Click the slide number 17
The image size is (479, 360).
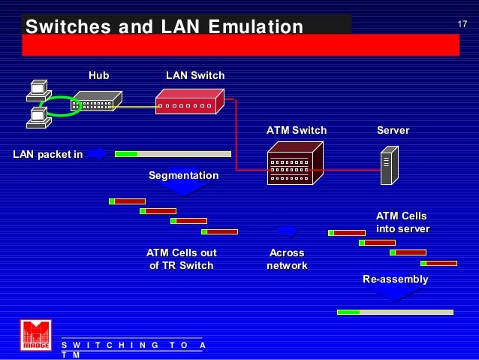point(462,26)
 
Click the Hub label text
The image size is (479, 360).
point(98,76)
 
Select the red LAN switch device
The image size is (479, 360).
point(189,101)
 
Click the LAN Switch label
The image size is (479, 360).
point(194,76)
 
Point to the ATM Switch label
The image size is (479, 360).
point(297,131)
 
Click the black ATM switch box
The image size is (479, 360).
point(294,164)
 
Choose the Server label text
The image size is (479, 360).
point(393,131)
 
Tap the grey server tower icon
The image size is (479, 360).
point(388,165)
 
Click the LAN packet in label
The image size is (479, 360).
point(48,155)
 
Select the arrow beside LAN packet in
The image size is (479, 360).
point(97,153)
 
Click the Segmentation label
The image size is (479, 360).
point(183,176)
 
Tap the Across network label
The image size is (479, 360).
point(286,259)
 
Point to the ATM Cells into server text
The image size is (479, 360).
point(402,222)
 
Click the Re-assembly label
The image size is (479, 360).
point(395,280)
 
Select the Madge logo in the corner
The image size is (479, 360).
point(35,335)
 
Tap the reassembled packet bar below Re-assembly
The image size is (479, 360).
point(395,311)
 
